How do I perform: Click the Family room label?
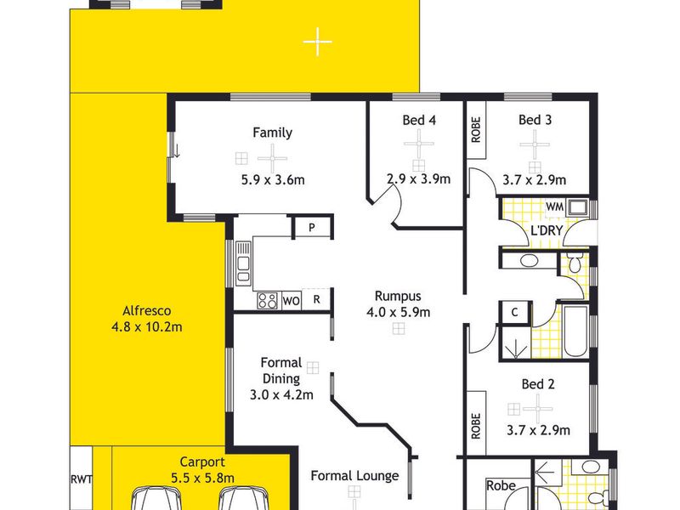pyautogui.click(x=272, y=133)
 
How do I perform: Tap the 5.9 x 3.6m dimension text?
pyautogui.click(x=273, y=179)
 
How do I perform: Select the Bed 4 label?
pyautogui.click(x=419, y=120)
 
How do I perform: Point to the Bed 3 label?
pyautogui.click(x=535, y=120)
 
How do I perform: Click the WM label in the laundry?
pyautogui.click(x=555, y=207)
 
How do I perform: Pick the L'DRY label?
pyautogui.click(x=547, y=230)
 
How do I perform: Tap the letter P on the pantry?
pyautogui.click(x=312, y=227)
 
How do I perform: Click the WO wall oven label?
pyautogui.click(x=291, y=301)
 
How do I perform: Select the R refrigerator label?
pyautogui.click(x=316, y=299)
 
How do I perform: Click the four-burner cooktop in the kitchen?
pyautogui.click(x=267, y=300)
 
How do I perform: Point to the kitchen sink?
pyautogui.click(x=243, y=263)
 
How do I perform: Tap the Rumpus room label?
pyautogui.click(x=398, y=296)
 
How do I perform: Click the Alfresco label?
pyautogui.click(x=146, y=310)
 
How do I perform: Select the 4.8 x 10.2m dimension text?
pyautogui.click(x=146, y=326)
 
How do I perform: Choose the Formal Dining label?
pyautogui.click(x=281, y=371)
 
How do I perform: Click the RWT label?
pyautogui.click(x=81, y=479)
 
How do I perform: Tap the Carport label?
pyautogui.click(x=202, y=462)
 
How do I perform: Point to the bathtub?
pyautogui.click(x=575, y=331)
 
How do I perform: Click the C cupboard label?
pyautogui.click(x=515, y=312)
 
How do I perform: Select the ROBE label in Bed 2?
pyautogui.click(x=476, y=426)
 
